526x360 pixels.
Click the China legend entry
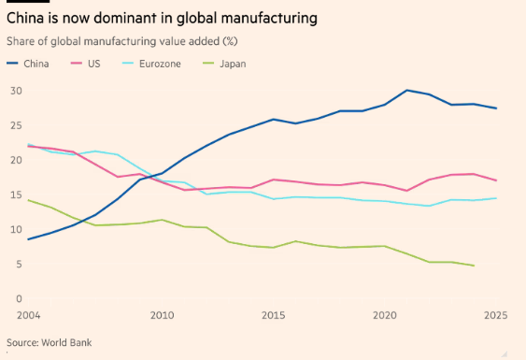28,64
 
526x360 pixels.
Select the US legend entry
86,64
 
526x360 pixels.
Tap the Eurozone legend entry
151,64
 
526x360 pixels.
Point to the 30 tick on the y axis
16,91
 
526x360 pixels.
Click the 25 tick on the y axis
16,125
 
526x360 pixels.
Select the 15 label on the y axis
16,194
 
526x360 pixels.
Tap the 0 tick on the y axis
19,298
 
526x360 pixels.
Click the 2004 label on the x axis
29,315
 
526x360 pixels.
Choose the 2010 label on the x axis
162,315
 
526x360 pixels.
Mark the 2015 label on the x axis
274,315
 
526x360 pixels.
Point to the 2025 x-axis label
496,315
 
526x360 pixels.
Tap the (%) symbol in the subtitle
230,41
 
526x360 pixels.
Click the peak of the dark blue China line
407,90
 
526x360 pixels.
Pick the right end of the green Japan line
474,266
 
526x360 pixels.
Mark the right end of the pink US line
496,180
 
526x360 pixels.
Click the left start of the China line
29,239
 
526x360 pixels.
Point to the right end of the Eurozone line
496,198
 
